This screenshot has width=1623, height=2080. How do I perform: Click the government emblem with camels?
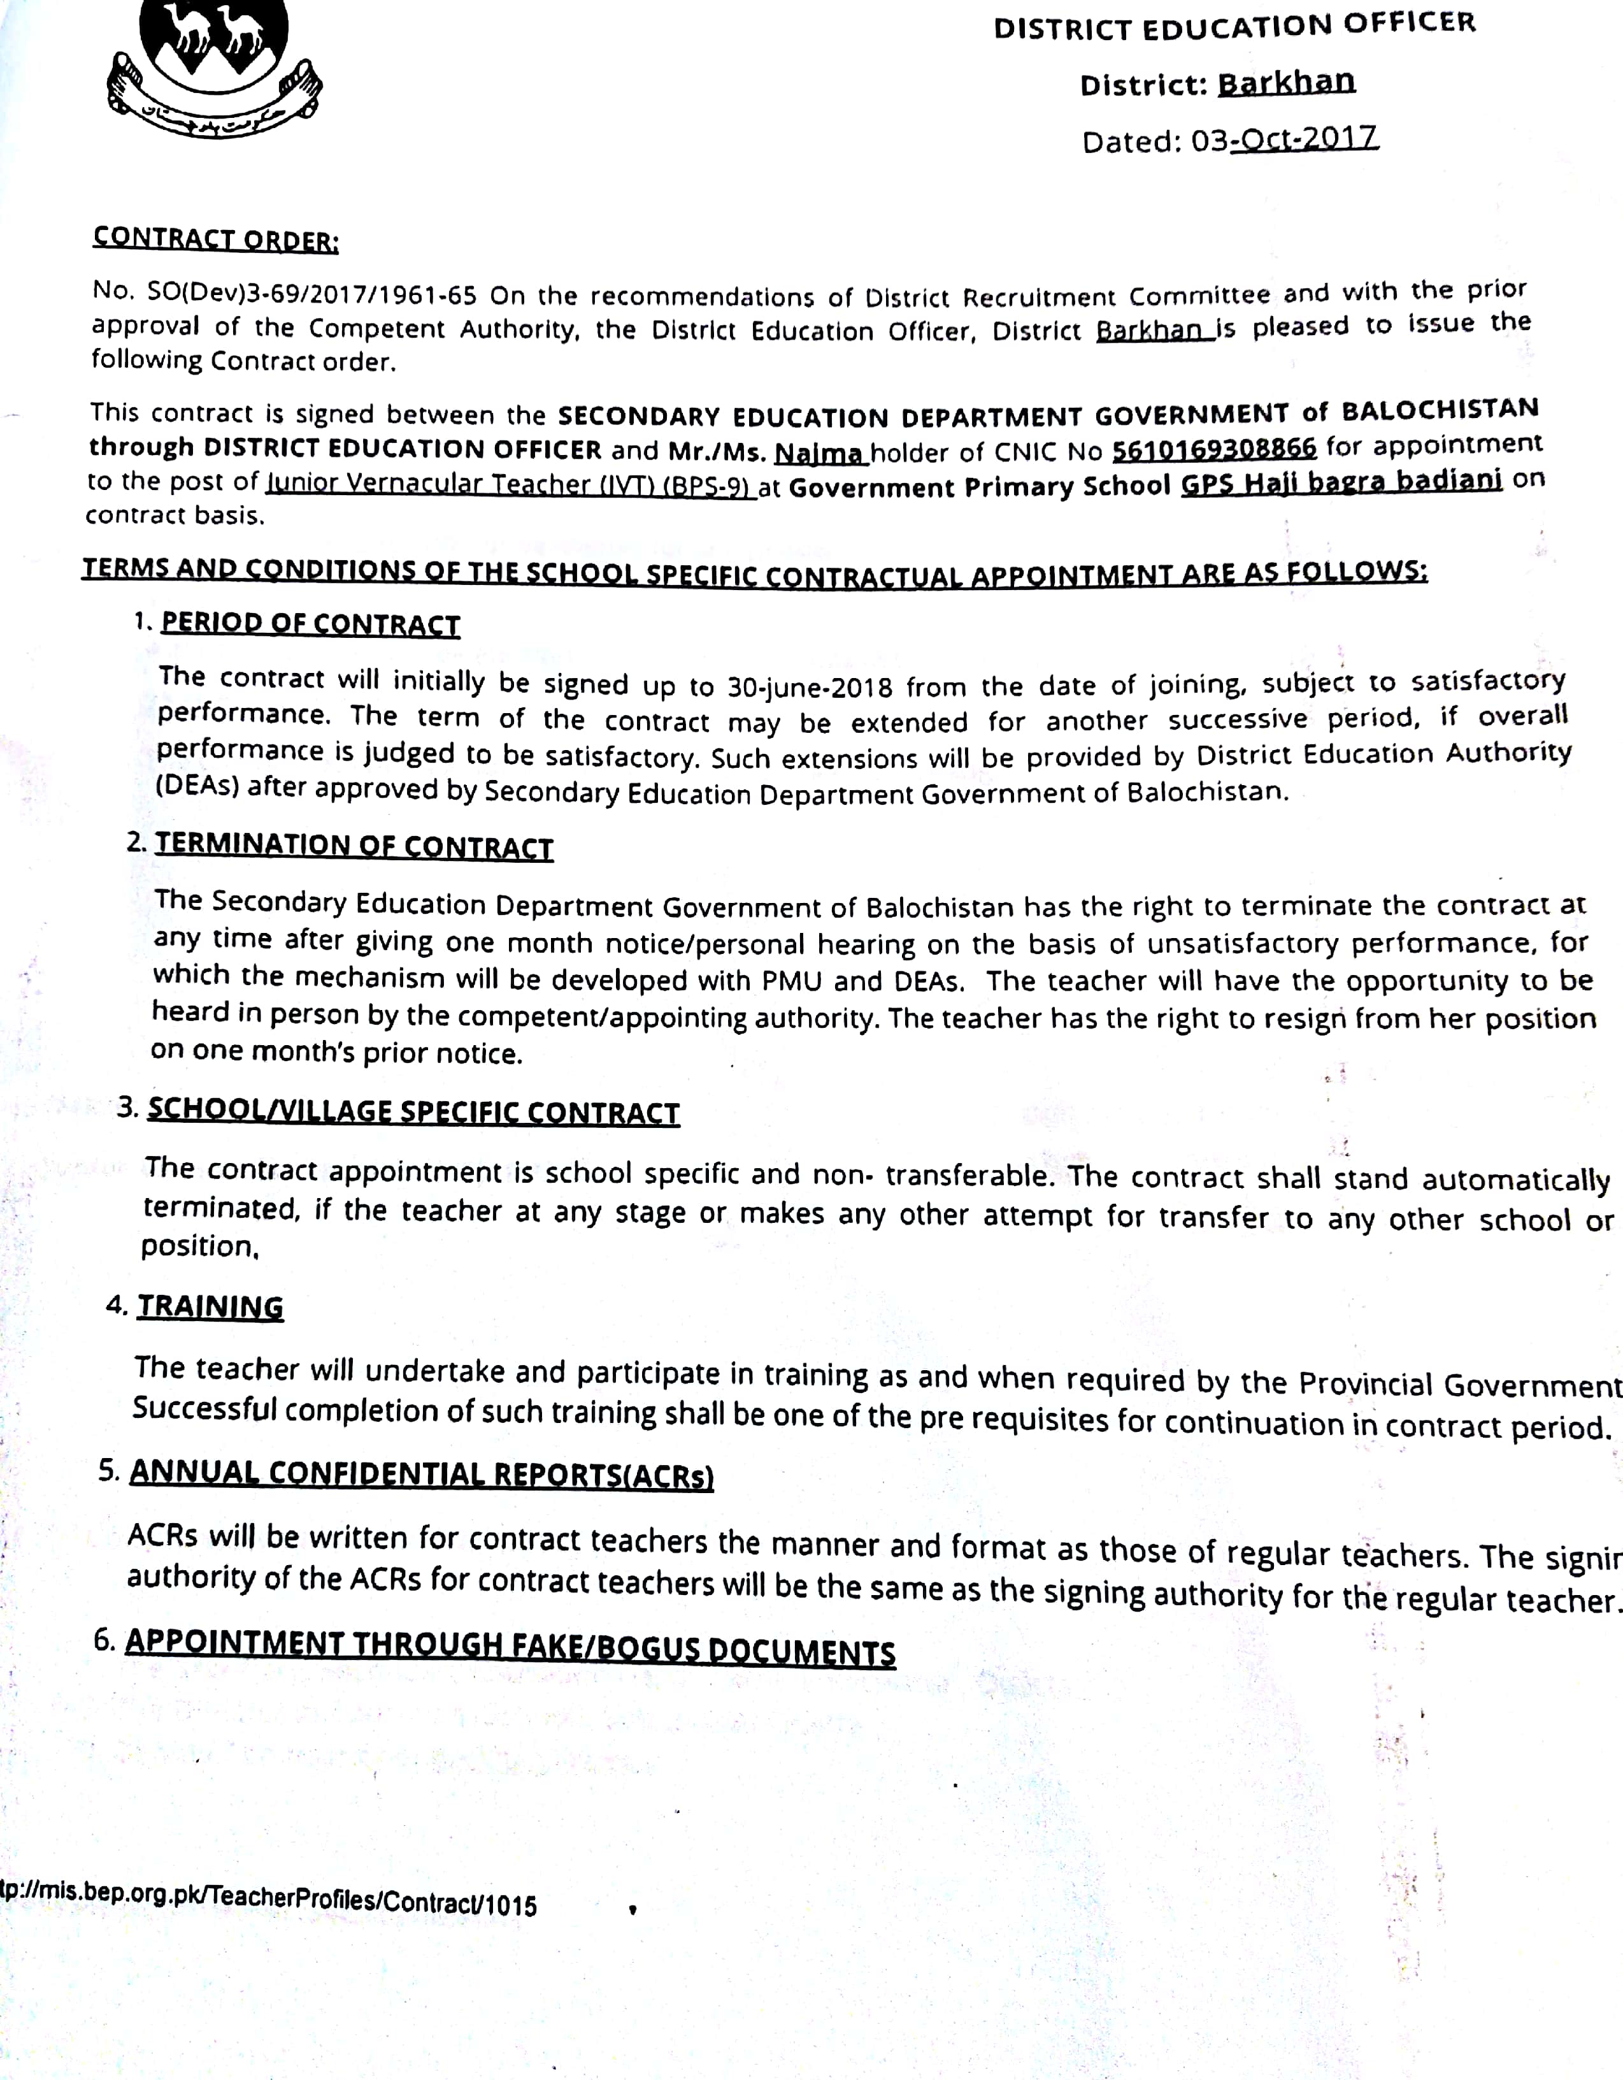point(213,67)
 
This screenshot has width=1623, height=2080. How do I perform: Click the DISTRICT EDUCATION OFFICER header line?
point(1234,25)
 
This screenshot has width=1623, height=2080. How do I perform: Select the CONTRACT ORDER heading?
point(215,238)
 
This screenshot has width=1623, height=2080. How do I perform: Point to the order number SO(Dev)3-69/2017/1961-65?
point(311,293)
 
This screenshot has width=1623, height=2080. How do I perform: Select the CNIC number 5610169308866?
point(1213,447)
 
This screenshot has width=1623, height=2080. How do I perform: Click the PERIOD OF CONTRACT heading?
point(310,624)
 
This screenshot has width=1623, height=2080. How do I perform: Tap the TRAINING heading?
point(210,1306)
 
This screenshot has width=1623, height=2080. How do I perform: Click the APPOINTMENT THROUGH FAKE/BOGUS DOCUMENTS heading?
point(510,1646)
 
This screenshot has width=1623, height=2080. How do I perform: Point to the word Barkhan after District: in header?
point(1286,83)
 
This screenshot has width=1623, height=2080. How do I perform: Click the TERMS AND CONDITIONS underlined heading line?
point(754,572)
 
